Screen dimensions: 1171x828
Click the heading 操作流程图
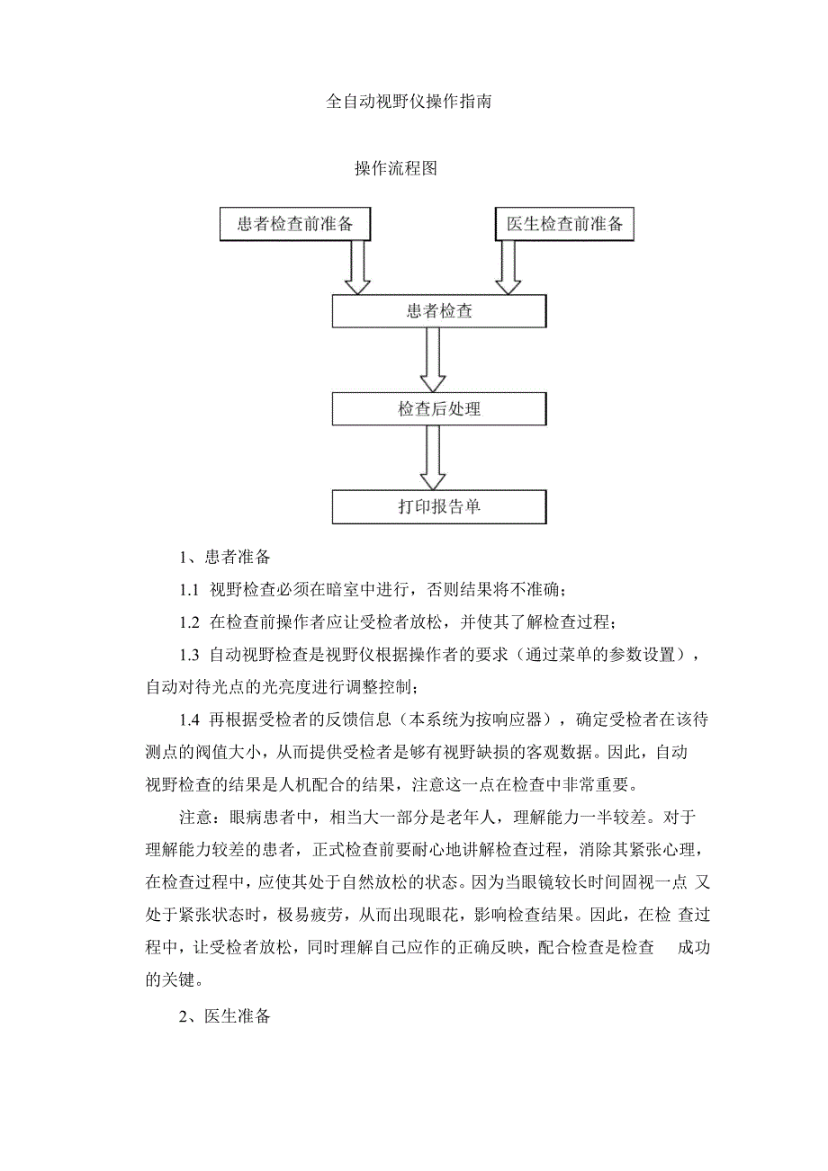click(x=395, y=169)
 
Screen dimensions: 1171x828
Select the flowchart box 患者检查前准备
click(x=295, y=225)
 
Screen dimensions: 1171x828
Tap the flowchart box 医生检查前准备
click(x=564, y=225)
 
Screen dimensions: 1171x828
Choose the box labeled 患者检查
click(x=439, y=312)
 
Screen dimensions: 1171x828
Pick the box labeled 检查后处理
click(x=439, y=409)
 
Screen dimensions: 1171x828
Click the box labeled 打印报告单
click(x=439, y=506)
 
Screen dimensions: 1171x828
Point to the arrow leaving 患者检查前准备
click(x=357, y=268)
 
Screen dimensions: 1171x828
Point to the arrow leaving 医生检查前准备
click(x=508, y=268)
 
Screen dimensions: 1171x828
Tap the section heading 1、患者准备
click(x=220, y=558)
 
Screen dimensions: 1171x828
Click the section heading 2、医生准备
click(x=225, y=1017)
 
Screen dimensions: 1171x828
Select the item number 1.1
click(x=188, y=591)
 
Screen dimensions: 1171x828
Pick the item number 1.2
click(x=188, y=622)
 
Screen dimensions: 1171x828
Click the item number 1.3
click(x=188, y=655)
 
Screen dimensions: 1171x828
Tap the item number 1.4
click(x=188, y=720)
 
